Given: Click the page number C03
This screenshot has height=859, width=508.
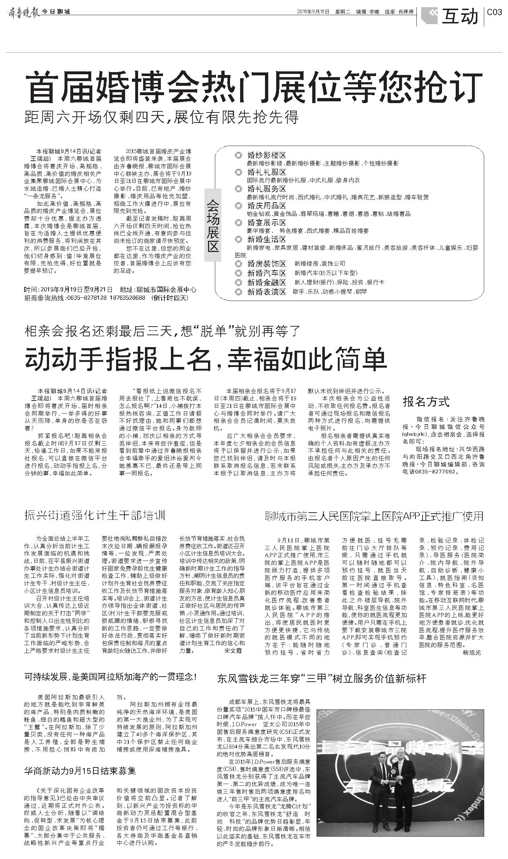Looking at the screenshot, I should point(494,12).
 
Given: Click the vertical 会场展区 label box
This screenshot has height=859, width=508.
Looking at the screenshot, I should point(212,225).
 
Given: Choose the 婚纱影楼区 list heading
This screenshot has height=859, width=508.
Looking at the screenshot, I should point(266,155).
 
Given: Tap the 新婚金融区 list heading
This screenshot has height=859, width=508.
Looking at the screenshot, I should point(266,282).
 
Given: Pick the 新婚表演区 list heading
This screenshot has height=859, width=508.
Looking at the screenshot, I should point(266,292).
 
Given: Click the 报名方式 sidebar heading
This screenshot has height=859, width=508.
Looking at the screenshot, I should point(426,401).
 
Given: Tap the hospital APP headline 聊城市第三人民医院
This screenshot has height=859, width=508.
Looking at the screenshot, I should point(374,516).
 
